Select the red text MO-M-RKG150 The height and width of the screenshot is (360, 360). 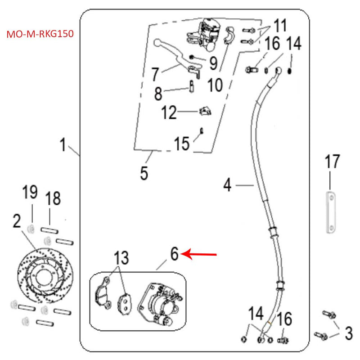pos(40,34)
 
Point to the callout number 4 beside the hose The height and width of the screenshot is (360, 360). pos(228,184)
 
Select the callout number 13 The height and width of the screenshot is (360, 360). pos(121,258)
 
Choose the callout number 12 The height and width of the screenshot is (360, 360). pos(169,113)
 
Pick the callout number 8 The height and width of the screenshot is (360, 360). pos(157,94)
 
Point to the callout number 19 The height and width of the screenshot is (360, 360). pos(30,193)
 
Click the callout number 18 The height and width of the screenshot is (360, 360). pos(53,198)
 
